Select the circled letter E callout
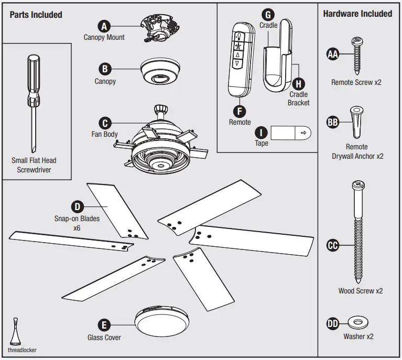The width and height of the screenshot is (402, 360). click(x=105, y=325)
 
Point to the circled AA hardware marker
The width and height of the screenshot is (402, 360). click(x=333, y=54)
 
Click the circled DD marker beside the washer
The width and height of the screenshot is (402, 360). click(x=333, y=324)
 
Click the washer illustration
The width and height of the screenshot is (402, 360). click(x=358, y=322)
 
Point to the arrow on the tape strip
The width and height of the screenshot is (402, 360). click(x=303, y=133)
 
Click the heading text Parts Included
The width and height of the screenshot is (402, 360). click(x=36, y=15)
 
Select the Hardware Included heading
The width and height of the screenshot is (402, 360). click(x=357, y=14)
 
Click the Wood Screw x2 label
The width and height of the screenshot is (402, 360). click(x=360, y=291)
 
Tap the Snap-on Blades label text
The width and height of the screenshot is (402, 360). click(x=77, y=219)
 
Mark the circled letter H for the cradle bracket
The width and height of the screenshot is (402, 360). click(x=298, y=83)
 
